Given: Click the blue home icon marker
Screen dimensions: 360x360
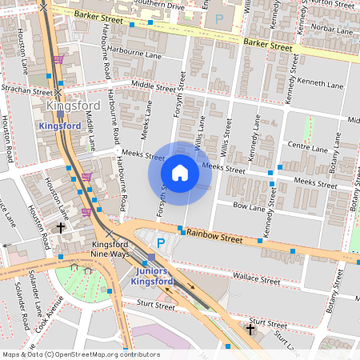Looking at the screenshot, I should [180, 173].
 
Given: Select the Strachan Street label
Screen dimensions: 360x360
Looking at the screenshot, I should [26, 90].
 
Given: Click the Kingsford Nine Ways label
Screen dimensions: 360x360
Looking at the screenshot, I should [110, 249].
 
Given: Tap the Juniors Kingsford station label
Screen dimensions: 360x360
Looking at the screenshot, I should [151, 277].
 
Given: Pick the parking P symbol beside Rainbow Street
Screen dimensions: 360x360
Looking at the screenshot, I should [160, 242].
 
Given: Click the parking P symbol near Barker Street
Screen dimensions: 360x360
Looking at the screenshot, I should [218, 17].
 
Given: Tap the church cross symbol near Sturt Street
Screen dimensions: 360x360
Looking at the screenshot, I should [250, 330].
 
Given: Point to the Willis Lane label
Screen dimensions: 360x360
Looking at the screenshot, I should [201, 132].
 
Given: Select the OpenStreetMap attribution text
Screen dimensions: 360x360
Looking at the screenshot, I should [81, 354].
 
